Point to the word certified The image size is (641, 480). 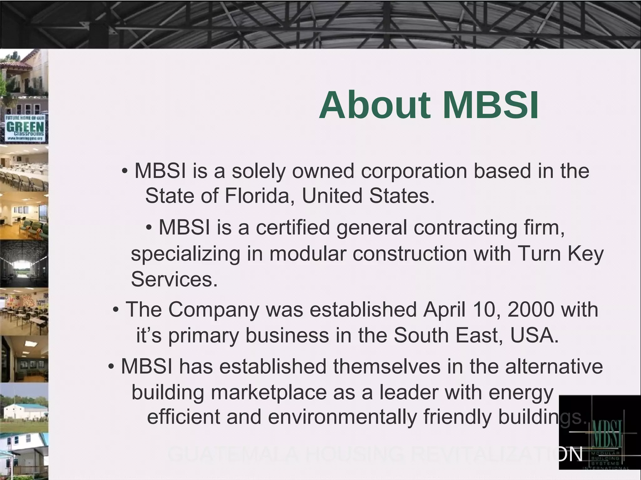293,227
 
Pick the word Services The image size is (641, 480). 174,279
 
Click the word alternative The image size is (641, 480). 554,366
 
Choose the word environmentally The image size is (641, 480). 342,417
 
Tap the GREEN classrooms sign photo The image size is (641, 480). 25,128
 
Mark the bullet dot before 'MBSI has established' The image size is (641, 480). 111,367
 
